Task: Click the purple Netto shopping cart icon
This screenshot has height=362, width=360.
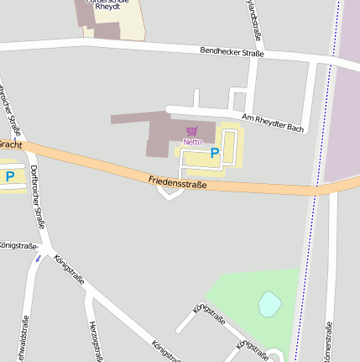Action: coord(192,131)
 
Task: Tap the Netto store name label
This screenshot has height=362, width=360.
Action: coord(192,141)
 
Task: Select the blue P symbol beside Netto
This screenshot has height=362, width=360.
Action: coord(215,153)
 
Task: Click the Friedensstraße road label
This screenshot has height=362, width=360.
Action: coord(177,181)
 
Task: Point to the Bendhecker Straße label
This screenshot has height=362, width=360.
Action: coord(232,53)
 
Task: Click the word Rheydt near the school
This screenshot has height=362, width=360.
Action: coord(107,6)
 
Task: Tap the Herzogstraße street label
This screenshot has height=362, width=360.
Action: coord(95,340)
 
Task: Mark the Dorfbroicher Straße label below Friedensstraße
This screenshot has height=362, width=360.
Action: coord(37,197)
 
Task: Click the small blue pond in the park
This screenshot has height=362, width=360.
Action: coord(269,303)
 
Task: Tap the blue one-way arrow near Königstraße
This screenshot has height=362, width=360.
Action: coord(38,259)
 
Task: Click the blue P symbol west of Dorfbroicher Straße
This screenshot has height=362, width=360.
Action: coord(10,176)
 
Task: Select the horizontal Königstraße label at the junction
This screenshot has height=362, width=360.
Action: coord(18,245)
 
